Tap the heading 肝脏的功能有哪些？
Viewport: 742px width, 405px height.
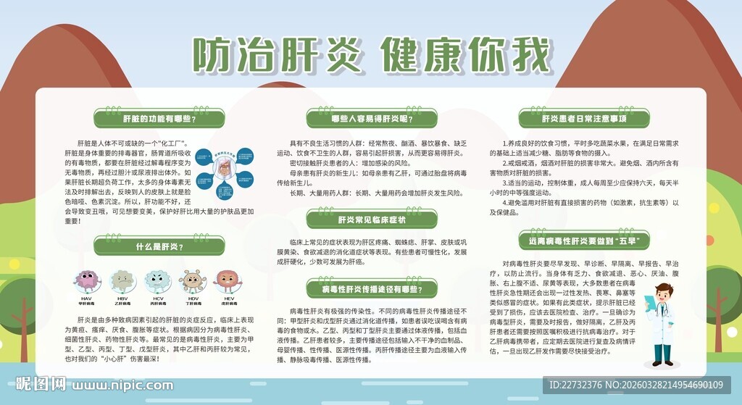click(158, 118)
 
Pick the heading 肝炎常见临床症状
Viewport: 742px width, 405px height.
click(371, 218)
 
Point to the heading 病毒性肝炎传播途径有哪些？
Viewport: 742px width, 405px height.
click(371, 290)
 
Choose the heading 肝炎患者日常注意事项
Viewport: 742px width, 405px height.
click(583, 118)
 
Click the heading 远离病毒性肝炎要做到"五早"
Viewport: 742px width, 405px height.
click(583, 240)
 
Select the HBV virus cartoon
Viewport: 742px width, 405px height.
click(122, 281)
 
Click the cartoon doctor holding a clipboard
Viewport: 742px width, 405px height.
click(663, 322)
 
